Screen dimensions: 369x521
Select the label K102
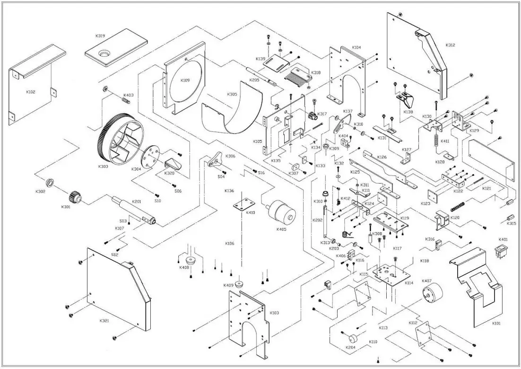[x=30, y=91]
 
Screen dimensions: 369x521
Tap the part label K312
[x=450, y=45]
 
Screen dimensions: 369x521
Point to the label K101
[x=496, y=324]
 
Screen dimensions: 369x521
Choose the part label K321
[x=104, y=321]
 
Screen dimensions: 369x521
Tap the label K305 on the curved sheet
[x=232, y=94]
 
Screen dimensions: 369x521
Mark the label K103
[x=274, y=313]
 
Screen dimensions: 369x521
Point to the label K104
[x=356, y=48]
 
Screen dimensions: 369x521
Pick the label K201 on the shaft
[x=137, y=202]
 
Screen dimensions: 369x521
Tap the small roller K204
[x=351, y=339]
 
